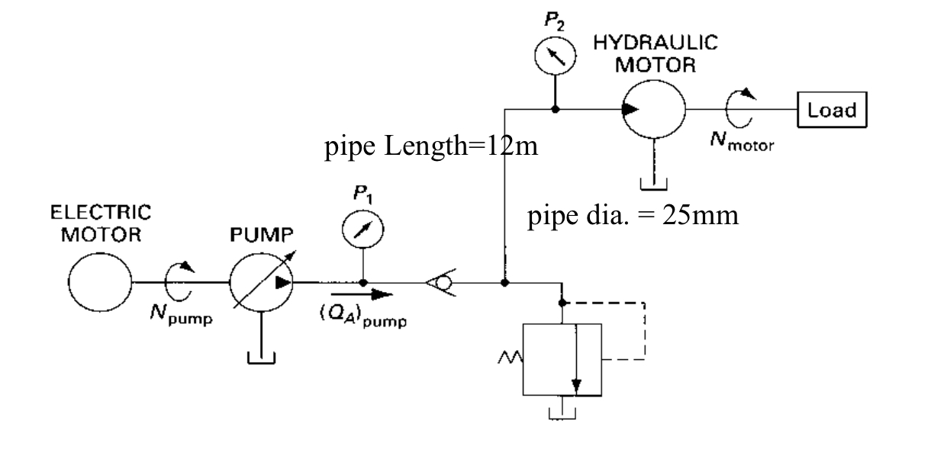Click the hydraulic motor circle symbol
tap(653, 109)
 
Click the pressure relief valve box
tap(562, 358)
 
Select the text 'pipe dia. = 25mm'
tap(633, 216)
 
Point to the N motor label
tap(739, 146)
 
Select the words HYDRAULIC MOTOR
tap(656, 54)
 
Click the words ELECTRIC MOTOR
tap(96, 222)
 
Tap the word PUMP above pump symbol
tap(261, 233)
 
